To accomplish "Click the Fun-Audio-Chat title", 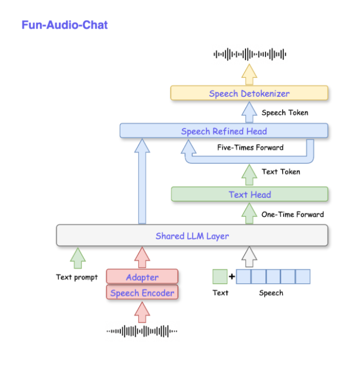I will pyautogui.click(x=65, y=24).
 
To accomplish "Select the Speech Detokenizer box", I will pyautogui.click(x=249, y=93).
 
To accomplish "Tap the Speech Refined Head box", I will pyautogui.click(x=223, y=131).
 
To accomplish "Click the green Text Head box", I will pyautogui.click(x=249, y=194).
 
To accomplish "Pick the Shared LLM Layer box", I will pyautogui.click(x=192, y=236).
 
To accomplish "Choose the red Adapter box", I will pyautogui.click(x=142, y=277).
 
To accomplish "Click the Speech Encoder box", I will pyautogui.click(x=142, y=292).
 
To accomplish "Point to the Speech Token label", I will pyautogui.click(x=285, y=113).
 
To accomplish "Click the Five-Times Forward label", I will pyautogui.click(x=250, y=147).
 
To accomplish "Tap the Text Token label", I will pyautogui.click(x=281, y=172).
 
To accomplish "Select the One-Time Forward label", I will pyautogui.click(x=292, y=214).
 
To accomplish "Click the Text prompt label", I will pyautogui.click(x=77, y=277).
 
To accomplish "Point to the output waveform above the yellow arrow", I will pyautogui.click(x=249, y=54).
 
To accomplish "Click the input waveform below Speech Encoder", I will pyautogui.click(x=142, y=331).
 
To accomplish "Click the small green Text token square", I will pyautogui.click(x=220, y=277).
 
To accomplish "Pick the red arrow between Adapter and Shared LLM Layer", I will pyautogui.click(x=142, y=258).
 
